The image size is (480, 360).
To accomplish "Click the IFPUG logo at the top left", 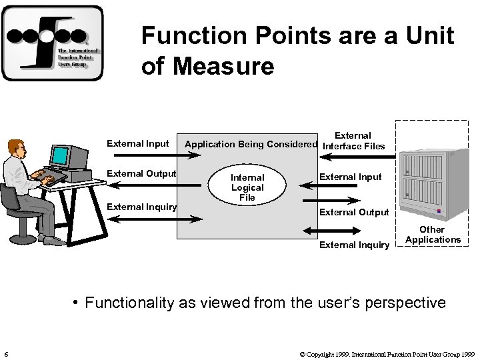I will [53, 43].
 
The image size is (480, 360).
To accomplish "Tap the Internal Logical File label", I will [247, 187].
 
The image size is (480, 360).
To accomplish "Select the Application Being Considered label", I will [251, 144].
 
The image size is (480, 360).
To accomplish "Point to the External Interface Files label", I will [353, 141].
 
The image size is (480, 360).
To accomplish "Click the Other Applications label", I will [433, 235].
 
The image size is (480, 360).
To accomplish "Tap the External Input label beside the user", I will [138, 143].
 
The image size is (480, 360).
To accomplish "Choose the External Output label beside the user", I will [141, 174].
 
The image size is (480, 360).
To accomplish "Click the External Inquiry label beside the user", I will [141, 206].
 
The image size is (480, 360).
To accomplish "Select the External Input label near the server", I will [351, 177].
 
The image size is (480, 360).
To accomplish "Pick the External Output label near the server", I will [354, 212].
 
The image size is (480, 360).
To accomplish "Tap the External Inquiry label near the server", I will [354, 245].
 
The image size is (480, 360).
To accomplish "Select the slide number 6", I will [5, 353].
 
